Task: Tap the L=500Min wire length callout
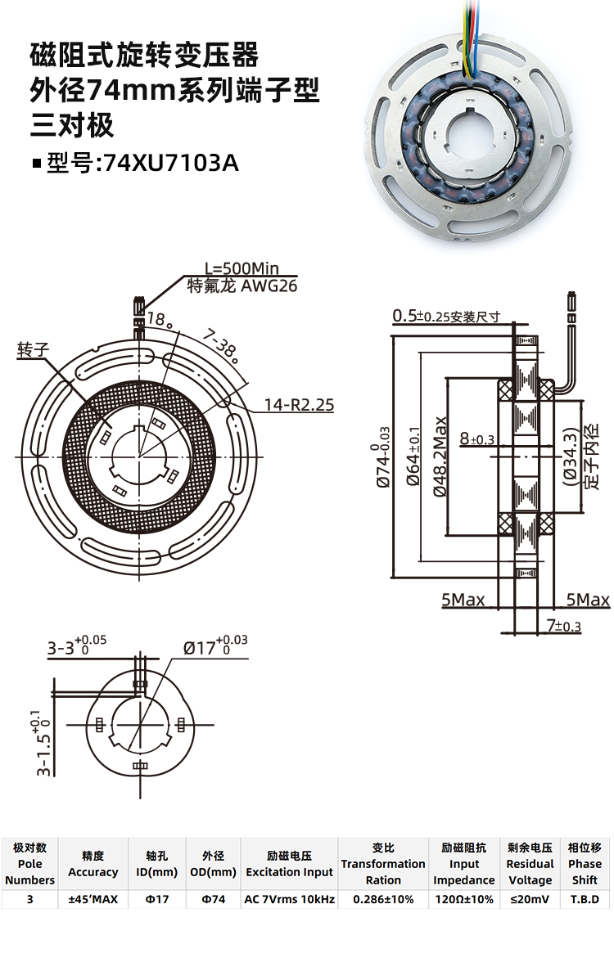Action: click(242, 268)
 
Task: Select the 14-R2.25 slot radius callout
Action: click(299, 404)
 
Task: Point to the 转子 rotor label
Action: click(34, 349)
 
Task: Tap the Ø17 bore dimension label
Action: click(215, 646)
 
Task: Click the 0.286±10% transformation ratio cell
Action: click(383, 899)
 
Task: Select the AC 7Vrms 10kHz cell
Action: click(290, 899)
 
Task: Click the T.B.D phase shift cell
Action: click(585, 899)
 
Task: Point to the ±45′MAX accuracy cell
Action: click(93, 899)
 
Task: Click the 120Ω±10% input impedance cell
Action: click(464, 899)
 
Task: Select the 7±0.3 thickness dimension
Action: click(563, 627)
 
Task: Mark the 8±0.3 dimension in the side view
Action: click(477, 439)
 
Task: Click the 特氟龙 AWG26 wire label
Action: click(242, 286)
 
